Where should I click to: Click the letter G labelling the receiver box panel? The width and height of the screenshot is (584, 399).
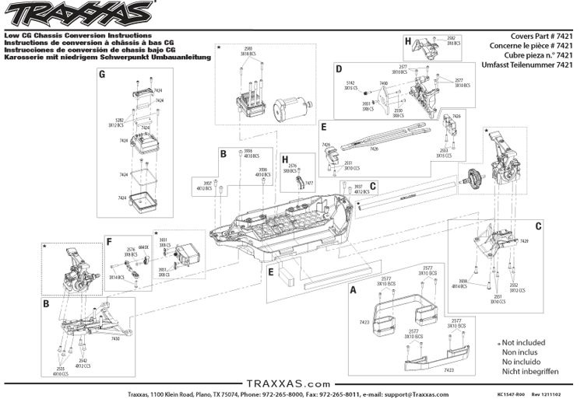(x=102, y=75)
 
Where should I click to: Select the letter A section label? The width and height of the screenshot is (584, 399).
(x=354, y=289)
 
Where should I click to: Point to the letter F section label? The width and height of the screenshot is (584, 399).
(x=111, y=242)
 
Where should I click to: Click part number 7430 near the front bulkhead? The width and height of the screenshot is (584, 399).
(x=115, y=338)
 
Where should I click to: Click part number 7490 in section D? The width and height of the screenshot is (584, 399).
(x=383, y=82)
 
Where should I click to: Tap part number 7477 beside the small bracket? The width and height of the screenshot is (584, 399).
(x=309, y=182)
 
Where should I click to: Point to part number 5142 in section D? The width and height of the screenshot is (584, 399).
(x=350, y=82)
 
